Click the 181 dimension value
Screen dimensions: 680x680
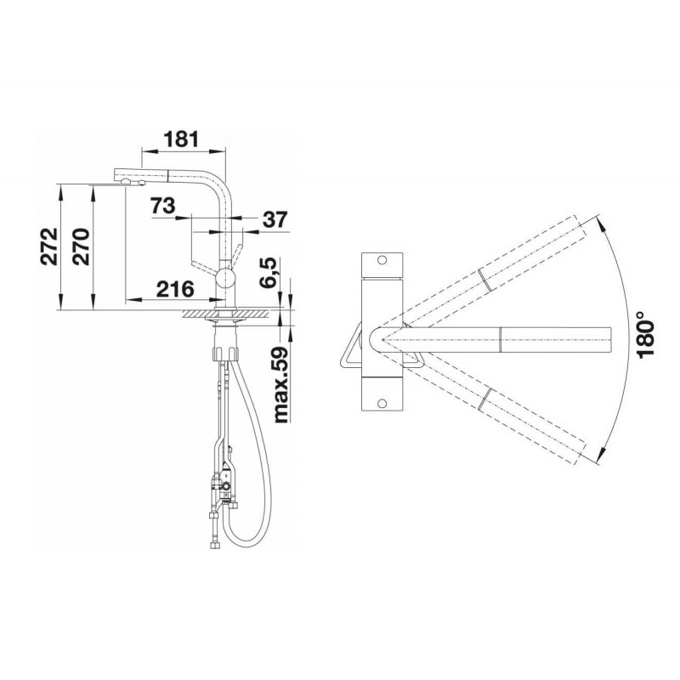coord(182,139)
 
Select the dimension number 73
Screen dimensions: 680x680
coord(163,206)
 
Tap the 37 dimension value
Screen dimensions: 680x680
coord(275,220)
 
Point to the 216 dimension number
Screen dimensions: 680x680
coord(175,289)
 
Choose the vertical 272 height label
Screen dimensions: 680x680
coord(48,246)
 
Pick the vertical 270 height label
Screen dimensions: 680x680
coord(81,246)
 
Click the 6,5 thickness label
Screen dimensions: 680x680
coord(268,272)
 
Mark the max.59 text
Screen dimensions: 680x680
coord(281,385)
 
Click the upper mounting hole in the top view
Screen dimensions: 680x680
coord(382,260)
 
